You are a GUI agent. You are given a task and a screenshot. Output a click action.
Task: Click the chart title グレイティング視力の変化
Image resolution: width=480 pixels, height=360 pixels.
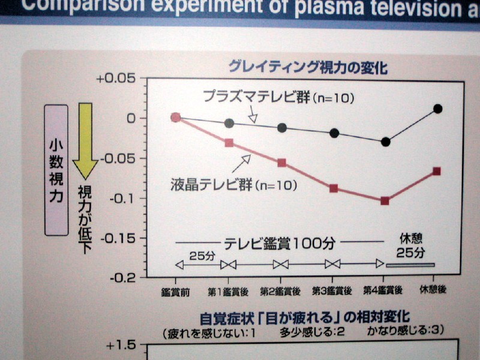pyautogui.click(x=307, y=67)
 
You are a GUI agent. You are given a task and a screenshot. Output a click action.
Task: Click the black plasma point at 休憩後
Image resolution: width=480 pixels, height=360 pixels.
pyautogui.click(x=437, y=109)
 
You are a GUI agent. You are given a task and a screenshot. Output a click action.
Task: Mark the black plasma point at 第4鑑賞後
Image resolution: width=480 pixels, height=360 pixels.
pyautogui.click(x=385, y=142)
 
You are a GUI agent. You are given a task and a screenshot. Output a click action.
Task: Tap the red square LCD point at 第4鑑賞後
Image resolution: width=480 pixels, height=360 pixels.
pyautogui.click(x=385, y=200)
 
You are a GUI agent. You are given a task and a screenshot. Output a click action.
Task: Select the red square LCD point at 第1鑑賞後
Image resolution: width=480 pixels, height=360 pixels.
pyautogui.click(x=229, y=143)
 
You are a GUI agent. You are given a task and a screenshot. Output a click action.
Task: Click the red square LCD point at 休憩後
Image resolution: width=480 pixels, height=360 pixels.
pyautogui.click(x=436, y=171)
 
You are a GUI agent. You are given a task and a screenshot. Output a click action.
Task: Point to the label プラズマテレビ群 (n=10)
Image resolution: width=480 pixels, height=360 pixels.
pyautogui.click(x=279, y=97)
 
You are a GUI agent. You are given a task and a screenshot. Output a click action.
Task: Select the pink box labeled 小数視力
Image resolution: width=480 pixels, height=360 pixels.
pyautogui.click(x=56, y=170)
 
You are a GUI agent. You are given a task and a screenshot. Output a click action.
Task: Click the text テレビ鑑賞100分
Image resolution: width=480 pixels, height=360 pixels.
pyautogui.click(x=280, y=243)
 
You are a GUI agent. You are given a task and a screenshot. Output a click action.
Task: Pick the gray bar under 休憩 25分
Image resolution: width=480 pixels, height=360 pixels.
pyautogui.click(x=410, y=265)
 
